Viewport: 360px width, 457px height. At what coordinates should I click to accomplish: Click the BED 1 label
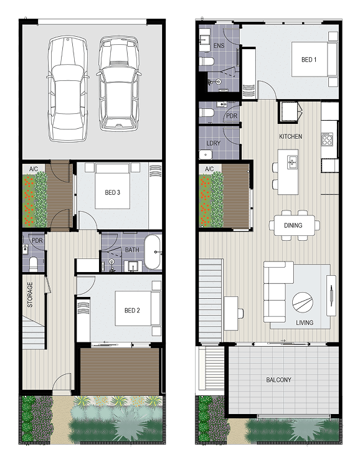[x=309, y=60]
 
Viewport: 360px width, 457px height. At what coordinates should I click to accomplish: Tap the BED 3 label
[x=112, y=192]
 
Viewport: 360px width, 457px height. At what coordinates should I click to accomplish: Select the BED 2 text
[x=132, y=311]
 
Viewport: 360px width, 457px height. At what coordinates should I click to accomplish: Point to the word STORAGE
[x=30, y=294]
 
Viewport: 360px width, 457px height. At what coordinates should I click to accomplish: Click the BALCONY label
[x=278, y=380]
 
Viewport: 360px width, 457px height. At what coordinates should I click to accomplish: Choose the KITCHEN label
[x=290, y=136]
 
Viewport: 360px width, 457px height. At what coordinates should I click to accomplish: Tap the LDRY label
[x=214, y=143]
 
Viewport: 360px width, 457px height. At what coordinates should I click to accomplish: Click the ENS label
[x=219, y=45]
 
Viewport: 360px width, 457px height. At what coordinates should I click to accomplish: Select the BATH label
[x=132, y=250]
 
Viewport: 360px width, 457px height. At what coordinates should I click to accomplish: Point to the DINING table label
[x=293, y=225]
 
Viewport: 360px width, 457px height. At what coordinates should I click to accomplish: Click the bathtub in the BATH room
[x=153, y=252]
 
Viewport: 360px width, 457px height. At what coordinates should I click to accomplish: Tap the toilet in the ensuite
[x=206, y=62]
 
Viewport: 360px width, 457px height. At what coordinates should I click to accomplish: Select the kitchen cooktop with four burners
[x=327, y=139]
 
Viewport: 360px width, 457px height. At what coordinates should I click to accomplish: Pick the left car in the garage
[x=68, y=90]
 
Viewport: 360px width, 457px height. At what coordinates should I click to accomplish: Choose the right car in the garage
[x=118, y=83]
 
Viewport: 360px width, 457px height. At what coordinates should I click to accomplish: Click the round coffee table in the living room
[x=303, y=303]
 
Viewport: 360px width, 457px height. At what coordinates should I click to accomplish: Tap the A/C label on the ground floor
[x=34, y=169]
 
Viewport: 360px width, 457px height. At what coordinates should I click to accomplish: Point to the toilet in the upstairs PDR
[x=207, y=112]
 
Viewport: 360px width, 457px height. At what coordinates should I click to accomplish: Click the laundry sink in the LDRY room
[x=206, y=154]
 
